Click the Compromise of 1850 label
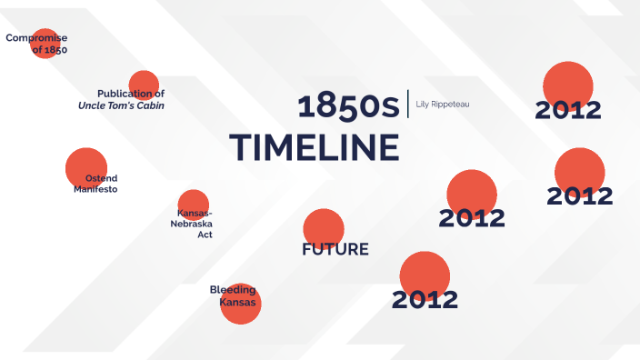tap(37, 44)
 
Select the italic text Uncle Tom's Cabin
tap(121, 105)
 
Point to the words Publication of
tap(131, 94)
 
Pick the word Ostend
tap(101, 177)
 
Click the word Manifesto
tap(95, 189)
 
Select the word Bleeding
tap(233, 290)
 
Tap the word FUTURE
tap(335, 249)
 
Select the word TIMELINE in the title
tap(315, 147)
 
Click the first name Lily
tap(422, 105)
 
